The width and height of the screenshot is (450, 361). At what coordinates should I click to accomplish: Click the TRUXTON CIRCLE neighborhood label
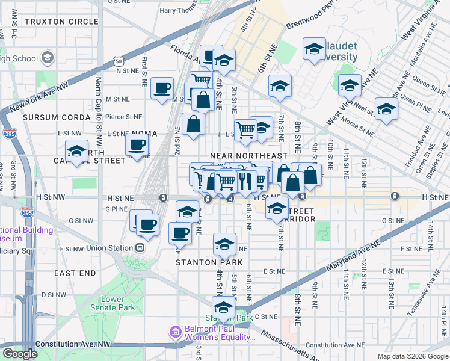[61, 22]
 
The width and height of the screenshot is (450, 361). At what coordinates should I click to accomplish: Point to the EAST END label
[75, 273]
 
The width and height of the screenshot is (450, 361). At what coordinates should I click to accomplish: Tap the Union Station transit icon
[140, 247]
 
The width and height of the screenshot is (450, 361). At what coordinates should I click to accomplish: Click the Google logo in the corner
[20, 354]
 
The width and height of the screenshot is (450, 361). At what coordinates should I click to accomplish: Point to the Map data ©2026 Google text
[412, 356]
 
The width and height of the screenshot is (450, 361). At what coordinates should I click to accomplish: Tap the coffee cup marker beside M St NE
[162, 88]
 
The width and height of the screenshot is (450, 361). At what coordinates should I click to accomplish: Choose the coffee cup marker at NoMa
[137, 144]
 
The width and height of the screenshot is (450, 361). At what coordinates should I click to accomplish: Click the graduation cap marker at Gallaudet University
[313, 49]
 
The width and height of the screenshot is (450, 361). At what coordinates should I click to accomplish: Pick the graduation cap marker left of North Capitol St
[76, 151]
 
